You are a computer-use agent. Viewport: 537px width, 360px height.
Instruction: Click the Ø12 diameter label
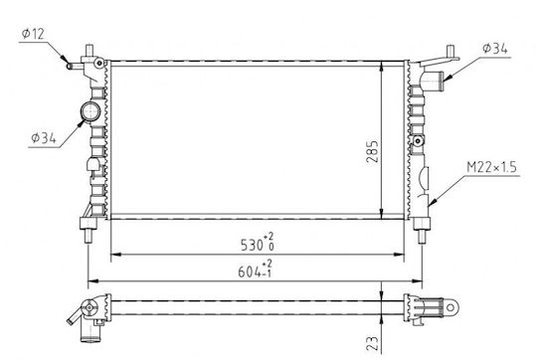33,34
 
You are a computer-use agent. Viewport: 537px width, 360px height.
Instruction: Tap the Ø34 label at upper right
495,49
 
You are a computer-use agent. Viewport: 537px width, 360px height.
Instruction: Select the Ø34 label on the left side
44,138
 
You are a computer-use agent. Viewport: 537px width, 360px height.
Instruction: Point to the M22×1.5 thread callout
491,167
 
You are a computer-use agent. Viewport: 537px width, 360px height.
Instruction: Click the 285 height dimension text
372,151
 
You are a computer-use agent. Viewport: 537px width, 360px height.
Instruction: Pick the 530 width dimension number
252,245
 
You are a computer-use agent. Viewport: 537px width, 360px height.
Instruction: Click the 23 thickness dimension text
372,343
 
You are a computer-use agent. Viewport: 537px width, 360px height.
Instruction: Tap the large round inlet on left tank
90,111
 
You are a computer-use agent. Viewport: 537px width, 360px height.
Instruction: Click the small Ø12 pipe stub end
70,66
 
